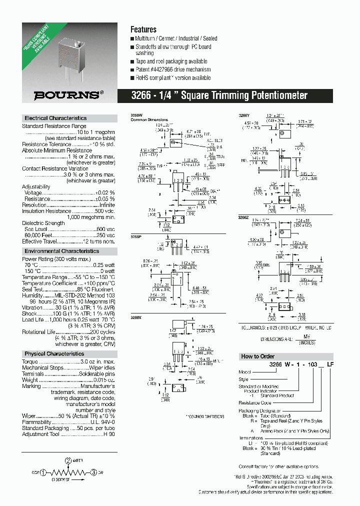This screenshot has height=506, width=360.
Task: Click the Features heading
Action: point(143,29)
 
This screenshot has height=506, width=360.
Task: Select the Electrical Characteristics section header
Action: point(55,118)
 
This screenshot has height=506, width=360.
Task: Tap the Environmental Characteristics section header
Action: point(61,251)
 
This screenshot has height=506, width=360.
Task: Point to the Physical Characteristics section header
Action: point(54,353)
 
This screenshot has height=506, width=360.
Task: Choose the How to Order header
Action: point(257,356)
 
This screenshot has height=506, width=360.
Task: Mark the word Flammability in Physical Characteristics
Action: point(36,421)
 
